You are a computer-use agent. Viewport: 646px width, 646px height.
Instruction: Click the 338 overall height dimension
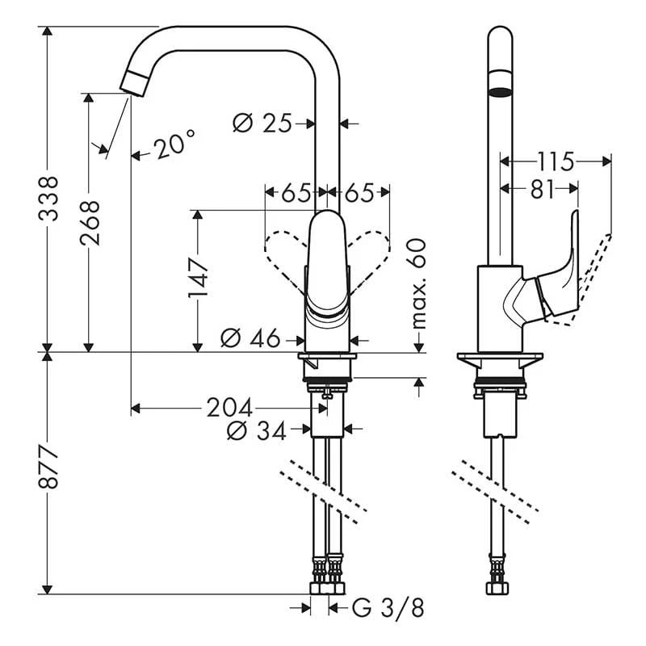click(49, 198)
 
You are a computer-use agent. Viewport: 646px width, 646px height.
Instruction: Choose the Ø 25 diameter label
click(262, 124)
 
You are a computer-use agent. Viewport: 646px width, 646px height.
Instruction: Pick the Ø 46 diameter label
click(250, 339)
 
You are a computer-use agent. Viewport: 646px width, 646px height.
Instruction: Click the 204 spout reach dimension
click(229, 406)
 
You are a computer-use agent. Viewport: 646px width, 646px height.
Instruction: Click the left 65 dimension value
click(295, 194)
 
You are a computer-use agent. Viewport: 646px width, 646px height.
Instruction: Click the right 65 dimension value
click(359, 194)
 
